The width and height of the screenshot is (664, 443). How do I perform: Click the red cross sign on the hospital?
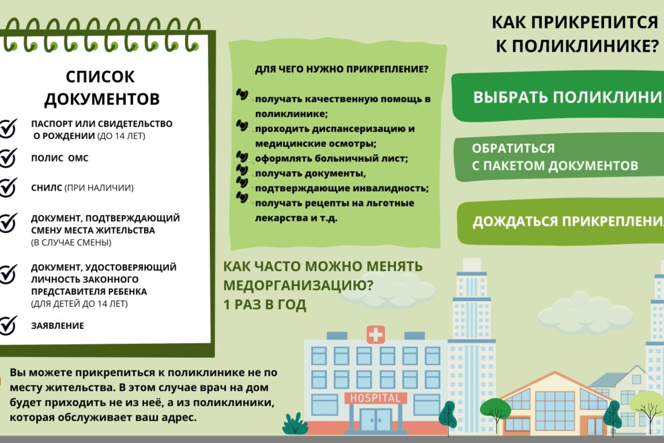[376, 334]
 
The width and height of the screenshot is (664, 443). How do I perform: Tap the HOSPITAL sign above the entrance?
[375, 398]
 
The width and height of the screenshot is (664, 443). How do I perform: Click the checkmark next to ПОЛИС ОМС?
[8, 158]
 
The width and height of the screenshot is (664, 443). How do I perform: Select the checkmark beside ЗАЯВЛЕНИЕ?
[8, 325]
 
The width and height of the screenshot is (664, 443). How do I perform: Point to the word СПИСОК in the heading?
[100, 77]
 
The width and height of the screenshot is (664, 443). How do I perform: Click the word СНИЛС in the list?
[46, 188]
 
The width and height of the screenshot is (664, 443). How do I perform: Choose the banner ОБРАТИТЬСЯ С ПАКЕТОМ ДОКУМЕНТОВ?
[557, 157]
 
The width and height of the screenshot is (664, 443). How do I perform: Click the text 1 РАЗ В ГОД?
[265, 304]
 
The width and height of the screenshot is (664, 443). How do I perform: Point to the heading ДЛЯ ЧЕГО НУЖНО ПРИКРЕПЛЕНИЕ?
[341, 69]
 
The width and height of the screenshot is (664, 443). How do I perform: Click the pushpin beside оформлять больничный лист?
[242, 157]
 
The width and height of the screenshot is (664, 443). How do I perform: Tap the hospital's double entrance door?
[376, 420]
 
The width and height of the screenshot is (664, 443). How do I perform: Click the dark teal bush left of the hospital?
[295, 424]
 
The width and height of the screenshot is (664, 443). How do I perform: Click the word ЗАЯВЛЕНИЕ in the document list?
[58, 326]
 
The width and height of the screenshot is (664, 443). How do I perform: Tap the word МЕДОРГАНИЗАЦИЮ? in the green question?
[298, 285]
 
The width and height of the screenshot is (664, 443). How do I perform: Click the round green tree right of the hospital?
[495, 409]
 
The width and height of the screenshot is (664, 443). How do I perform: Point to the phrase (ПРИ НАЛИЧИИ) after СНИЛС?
[99, 188]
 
